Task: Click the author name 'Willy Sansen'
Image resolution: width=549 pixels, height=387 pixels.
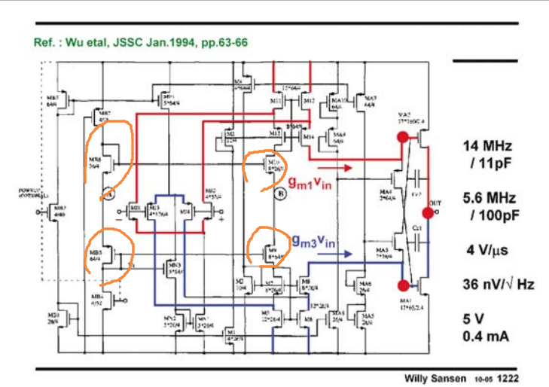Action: [435, 377]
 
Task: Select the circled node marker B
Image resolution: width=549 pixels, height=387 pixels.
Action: [279, 193]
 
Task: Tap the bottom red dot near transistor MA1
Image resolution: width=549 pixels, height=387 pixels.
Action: [405, 285]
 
